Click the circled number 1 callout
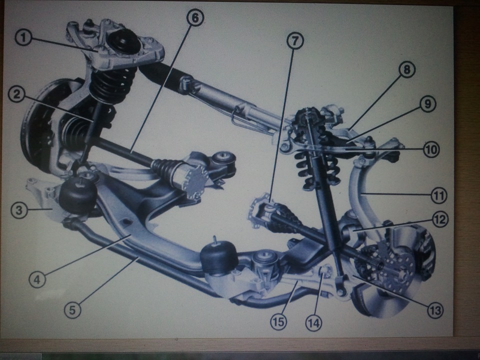(x=23, y=38)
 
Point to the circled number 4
(x=37, y=279)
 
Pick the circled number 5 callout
(x=72, y=310)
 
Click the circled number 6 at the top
(x=195, y=18)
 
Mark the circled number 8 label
(x=407, y=69)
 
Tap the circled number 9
(x=427, y=104)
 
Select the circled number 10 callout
(x=431, y=149)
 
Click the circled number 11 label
(x=438, y=195)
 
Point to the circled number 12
(x=440, y=219)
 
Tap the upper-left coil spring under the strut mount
(x=114, y=82)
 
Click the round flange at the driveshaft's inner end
(x=191, y=180)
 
